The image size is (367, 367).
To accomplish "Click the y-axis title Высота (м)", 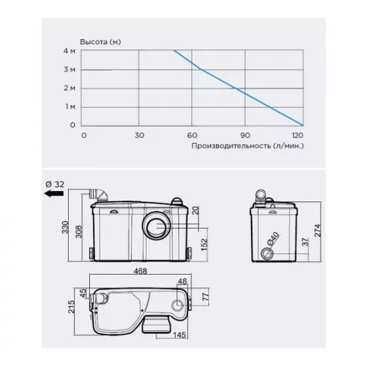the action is point(100,42).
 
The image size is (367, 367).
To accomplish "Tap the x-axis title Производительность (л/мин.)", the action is point(248,146).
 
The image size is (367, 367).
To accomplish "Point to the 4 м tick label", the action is point(69,51).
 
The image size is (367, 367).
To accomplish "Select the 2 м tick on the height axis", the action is point(69,88).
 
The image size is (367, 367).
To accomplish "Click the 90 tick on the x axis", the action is point(245,136).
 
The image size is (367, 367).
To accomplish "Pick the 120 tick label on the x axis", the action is point(297,136).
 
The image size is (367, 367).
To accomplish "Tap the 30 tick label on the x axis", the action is point(139,136).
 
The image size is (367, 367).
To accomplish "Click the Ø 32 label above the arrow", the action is point(55,184).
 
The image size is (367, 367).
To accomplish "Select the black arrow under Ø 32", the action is point(54,193).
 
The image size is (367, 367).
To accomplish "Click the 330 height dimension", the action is point(65,227).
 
